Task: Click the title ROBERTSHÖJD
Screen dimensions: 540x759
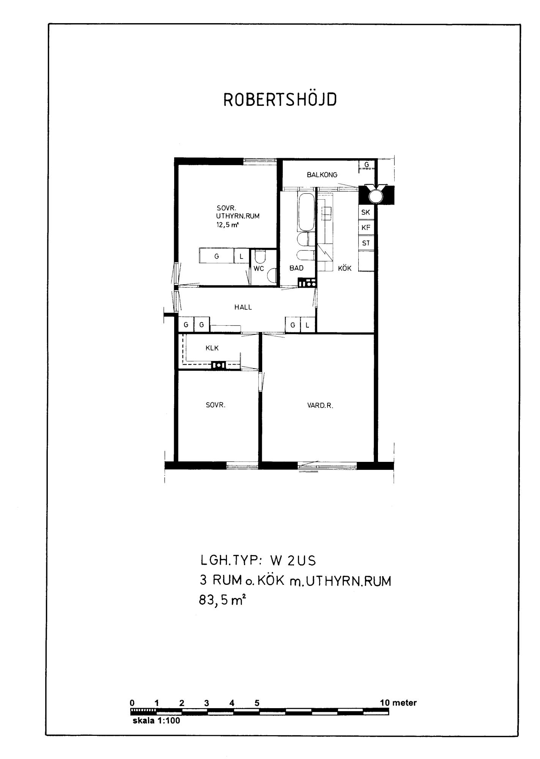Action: [280, 99]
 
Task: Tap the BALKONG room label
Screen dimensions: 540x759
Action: [322, 175]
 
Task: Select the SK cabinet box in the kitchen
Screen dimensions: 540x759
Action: [366, 212]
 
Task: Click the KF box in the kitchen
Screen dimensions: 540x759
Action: [366, 228]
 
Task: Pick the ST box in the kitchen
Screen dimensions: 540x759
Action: [366, 243]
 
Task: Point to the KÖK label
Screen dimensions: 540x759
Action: [345, 268]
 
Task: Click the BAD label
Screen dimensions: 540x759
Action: [296, 268]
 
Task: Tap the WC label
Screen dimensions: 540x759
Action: [259, 269]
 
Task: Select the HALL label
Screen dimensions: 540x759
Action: [243, 307]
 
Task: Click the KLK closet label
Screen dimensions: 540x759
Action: [212, 348]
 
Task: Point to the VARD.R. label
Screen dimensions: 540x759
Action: [320, 406]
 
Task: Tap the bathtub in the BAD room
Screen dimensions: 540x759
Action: [306, 212]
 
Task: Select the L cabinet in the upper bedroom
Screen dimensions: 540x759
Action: [241, 256]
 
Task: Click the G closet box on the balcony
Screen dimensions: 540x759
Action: [367, 165]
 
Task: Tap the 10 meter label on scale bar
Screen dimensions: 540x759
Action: [398, 703]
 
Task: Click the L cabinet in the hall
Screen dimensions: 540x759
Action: [308, 325]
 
